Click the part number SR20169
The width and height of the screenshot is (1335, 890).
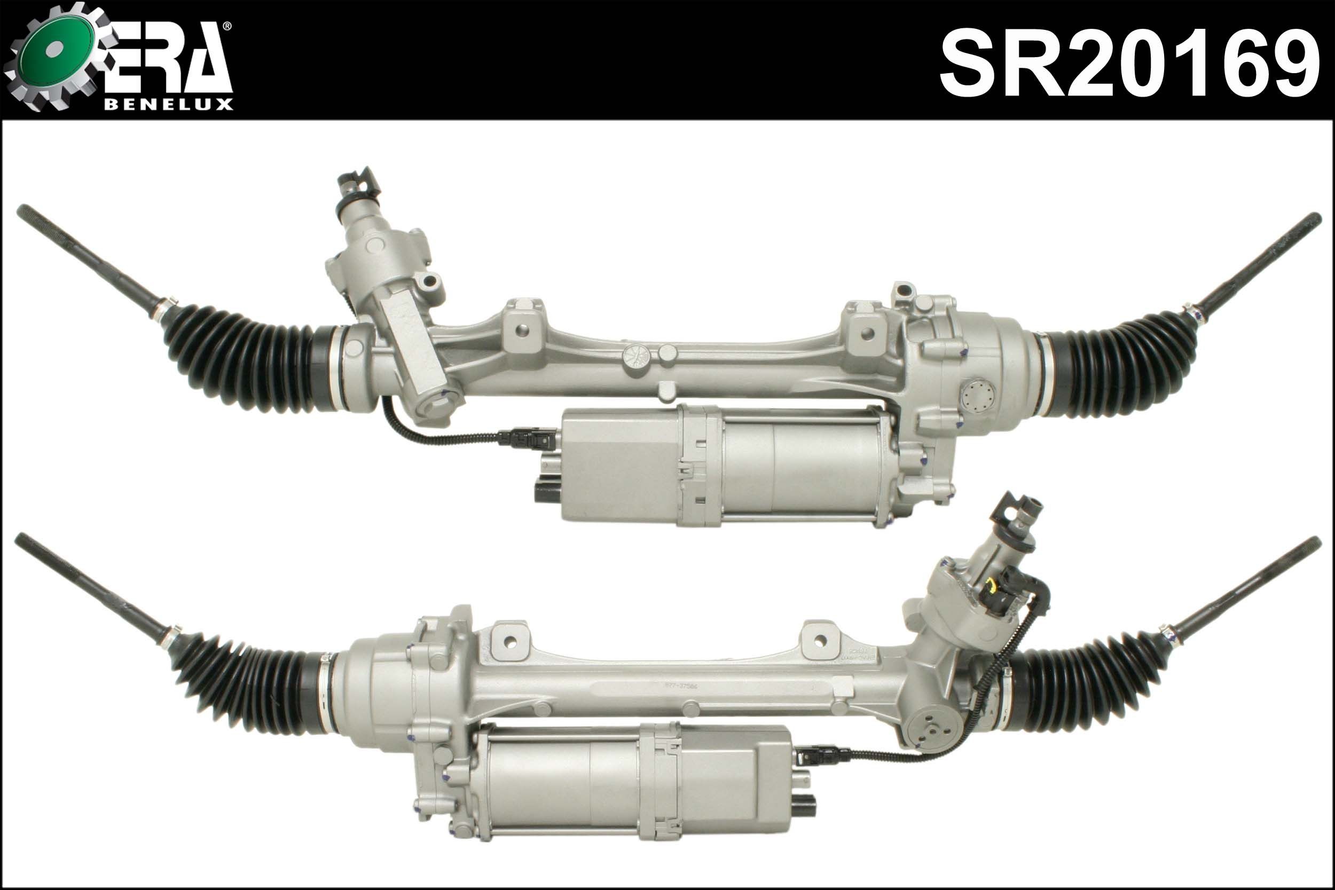1129,64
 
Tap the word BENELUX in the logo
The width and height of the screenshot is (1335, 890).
169,105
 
